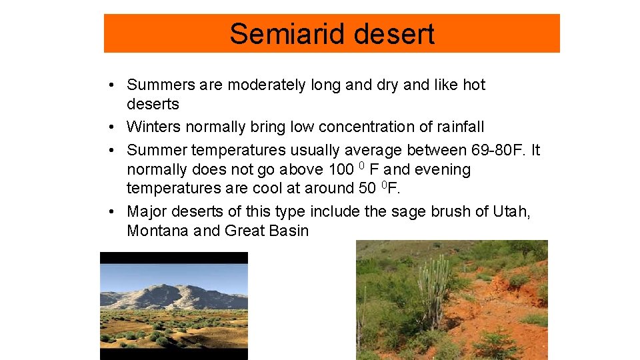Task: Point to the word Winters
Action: coord(153,127)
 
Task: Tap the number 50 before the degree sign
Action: coord(367,188)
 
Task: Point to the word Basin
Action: coord(287,231)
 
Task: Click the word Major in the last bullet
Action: coord(147,212)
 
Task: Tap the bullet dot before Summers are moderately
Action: coord(115,85)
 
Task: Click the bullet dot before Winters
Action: coord(115,127)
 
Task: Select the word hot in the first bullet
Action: coord(474,85)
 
